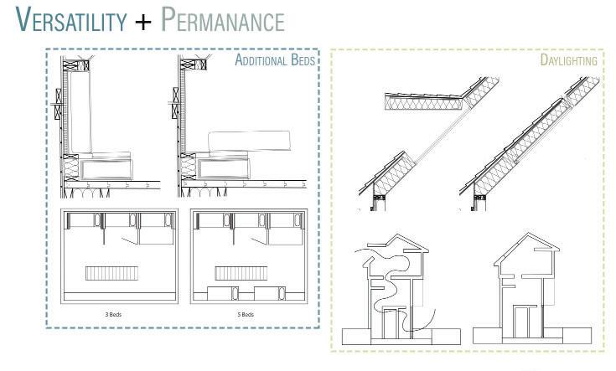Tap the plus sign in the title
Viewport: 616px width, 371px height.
coord(144,21)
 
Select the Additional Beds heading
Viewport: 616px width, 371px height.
coord(273,60)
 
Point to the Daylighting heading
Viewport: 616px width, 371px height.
coord(568,61)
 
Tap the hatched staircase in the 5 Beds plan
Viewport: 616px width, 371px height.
coord(236,273)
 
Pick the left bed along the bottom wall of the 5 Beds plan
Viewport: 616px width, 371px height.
coord(215,295)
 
